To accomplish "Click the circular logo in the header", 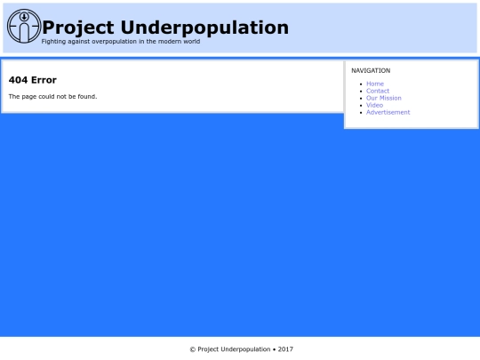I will pos(23,26).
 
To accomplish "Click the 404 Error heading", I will pos(33,80).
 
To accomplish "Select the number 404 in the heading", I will pos(19,80).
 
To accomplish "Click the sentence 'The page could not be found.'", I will pos(52,96).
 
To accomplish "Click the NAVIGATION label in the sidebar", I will pos(371,70).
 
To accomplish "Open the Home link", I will pos(375,84).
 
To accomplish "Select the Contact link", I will pos(378,91).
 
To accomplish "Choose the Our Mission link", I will pos(384,98).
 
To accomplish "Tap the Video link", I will pos(374,105).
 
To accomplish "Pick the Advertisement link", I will pos(388,112).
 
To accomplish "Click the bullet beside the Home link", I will pos(360,84).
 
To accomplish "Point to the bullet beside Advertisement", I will pos(360,112).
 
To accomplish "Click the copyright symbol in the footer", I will pos(192,349).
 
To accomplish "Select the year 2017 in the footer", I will pos(285,349).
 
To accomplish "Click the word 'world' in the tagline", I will pos(191,41).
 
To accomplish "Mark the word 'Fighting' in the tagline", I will pos(52,41).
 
